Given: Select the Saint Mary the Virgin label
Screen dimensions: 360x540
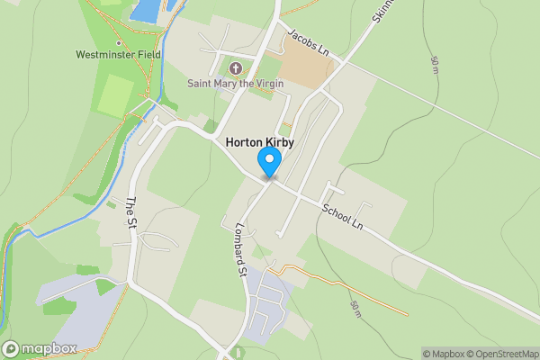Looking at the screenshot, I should pyautogui.click(x=236, y=84).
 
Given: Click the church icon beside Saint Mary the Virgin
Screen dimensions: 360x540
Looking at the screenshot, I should pyautogui.click(x=237, y=68).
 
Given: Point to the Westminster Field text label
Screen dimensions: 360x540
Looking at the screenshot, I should pyautogui.click(x=119, y=55).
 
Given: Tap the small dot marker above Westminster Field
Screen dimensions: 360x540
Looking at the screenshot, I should pyautogui.click(x=118, y=42).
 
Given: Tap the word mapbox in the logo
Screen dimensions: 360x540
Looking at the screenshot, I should pyautogui.click(x=50, y=348).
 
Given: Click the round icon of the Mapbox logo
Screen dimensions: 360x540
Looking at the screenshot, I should pyautogui.click(x=12, y=348).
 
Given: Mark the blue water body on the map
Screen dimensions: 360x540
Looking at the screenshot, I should pyautogui.click(x=146, y=10).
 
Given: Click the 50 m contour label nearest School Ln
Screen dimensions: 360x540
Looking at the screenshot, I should pyautogui.click(x=356, y=309).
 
